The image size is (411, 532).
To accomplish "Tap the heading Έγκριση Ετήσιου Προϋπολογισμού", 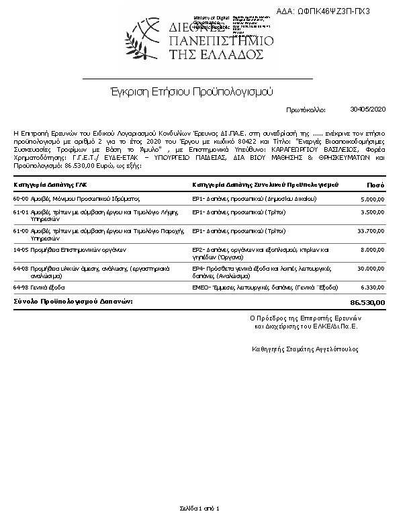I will [191, 90].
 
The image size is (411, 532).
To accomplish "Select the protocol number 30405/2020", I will [368, 108].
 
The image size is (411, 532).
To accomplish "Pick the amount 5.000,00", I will [372, 199].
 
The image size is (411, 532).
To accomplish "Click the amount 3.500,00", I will [372, 212].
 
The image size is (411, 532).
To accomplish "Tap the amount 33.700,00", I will [370, 230].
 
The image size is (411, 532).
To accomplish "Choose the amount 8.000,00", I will [372, 249].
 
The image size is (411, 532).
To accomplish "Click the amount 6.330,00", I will [372, 287].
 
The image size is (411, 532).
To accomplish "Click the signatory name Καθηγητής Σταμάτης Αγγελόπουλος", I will [305, 349].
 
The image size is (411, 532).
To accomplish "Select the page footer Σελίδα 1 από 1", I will [199, 508].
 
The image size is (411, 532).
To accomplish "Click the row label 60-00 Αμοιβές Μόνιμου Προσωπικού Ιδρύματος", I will [76, 199].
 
